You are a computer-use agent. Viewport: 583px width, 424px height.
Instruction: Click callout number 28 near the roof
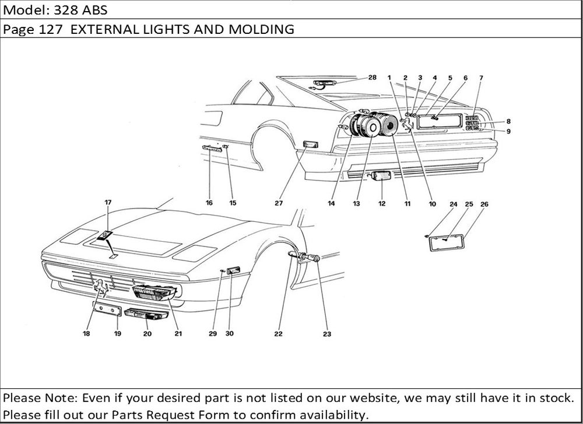pyautogui.click(x=373, y=77)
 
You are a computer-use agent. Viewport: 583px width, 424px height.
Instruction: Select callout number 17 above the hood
pyautogui.click(x=108, y=202)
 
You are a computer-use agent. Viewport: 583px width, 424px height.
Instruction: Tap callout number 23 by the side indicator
pyautogui.click(x=326, y=334)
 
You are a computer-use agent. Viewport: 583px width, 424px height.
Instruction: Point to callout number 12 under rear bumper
pyautogui.click(x=382, y=204)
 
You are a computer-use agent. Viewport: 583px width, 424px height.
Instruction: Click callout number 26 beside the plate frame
pyautogui.click(x=484, y=204)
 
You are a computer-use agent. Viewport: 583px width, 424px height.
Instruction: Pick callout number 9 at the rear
pyautogui.click(x=508, y=131)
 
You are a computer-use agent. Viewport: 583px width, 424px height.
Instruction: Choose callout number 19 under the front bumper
pyautogui.click(x=117, y=334)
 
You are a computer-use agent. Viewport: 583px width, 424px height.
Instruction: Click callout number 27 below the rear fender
pyautogui.click(x=279, y=204)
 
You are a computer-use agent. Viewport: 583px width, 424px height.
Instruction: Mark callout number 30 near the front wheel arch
pyautogui.click(x=229, y=334)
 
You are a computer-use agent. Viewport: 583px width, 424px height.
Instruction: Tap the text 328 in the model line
pyautogui.click(x=68, y=10)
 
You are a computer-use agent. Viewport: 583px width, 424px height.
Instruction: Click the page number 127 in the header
pyautogui.click(x=48, y=29)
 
